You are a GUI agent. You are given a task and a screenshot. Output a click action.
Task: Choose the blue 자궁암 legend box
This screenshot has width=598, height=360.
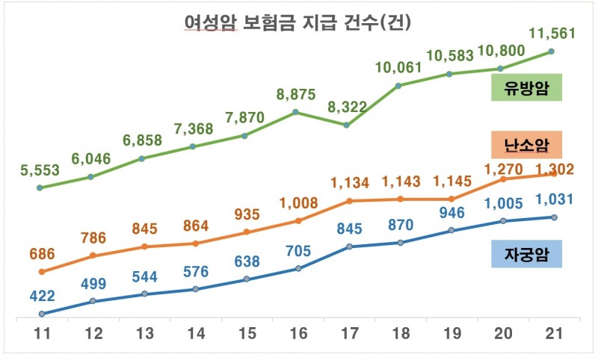[526, 255]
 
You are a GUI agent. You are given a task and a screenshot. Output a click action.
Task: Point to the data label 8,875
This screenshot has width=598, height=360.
[295, 95]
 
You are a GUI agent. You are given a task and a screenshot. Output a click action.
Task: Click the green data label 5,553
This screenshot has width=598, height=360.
[41, 170]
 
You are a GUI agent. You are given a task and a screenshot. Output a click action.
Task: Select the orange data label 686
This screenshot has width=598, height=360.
[41, 255]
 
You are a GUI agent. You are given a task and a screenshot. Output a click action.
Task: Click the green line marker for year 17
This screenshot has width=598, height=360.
[348, 125]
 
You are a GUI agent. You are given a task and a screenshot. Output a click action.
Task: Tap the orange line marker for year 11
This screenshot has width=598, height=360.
[41, 272]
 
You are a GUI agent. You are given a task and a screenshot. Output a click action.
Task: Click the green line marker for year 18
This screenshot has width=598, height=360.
[398, 85]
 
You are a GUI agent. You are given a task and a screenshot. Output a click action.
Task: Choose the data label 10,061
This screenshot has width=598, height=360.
[398, 69]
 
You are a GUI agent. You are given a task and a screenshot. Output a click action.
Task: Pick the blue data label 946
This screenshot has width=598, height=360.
[450, 212]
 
